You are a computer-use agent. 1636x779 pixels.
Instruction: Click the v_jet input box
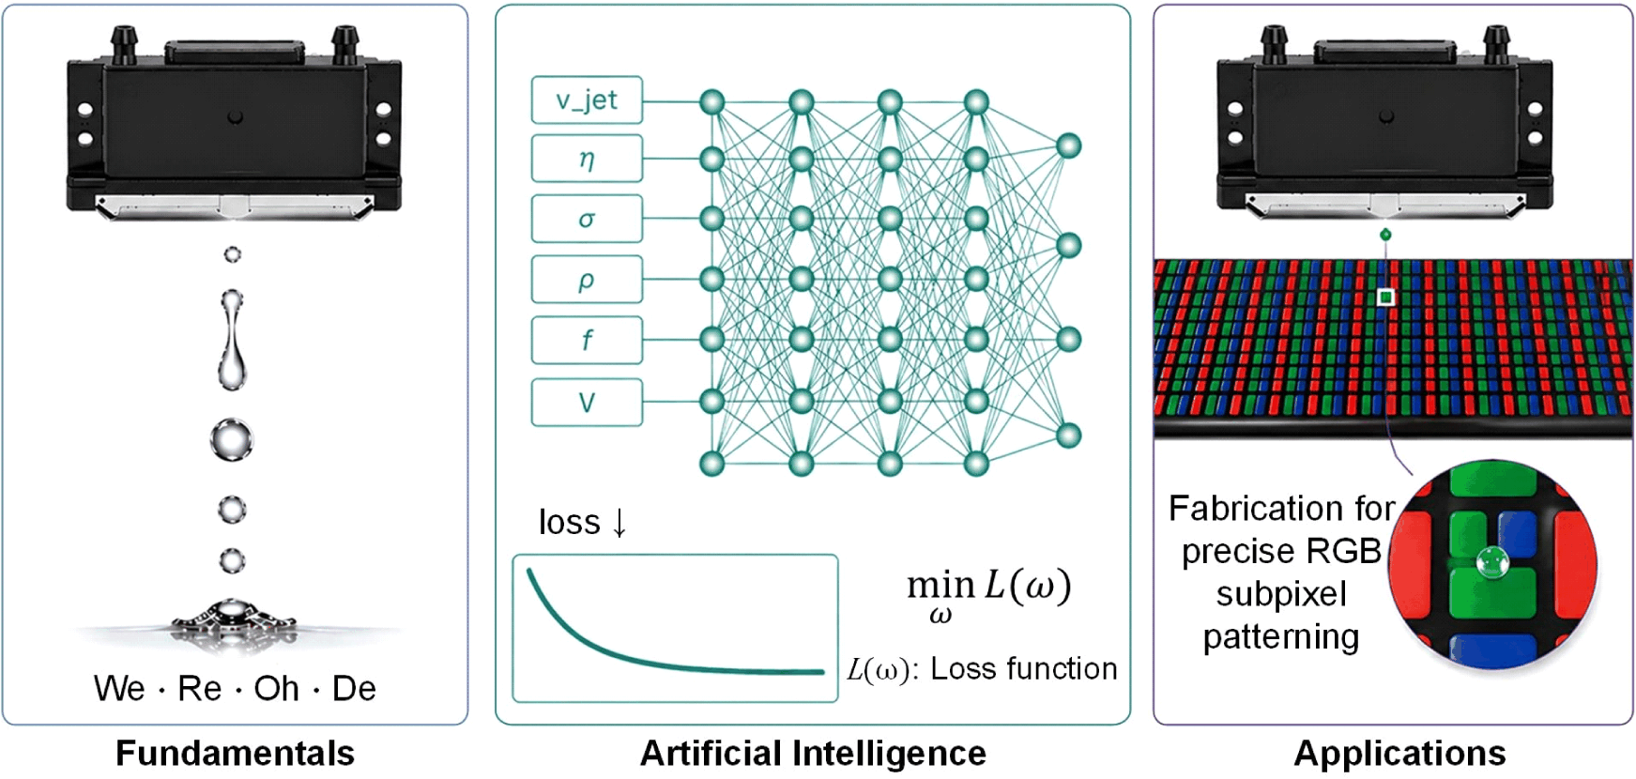coord(587,99)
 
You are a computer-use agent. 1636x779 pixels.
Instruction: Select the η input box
coord(587,159)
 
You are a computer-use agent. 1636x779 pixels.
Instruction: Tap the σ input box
coord(587,219)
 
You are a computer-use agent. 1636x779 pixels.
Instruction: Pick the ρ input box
coord(587,279)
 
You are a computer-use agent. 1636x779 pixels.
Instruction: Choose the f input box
coord(587,340)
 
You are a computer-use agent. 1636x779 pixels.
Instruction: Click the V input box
coord(587,403)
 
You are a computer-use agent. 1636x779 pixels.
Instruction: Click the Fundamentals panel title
coord(235,753)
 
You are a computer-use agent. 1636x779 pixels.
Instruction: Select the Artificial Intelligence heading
coord(813,753)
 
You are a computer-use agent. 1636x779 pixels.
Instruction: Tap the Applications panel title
coord(1399,753)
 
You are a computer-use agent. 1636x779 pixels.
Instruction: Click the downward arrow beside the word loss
coord(619,522)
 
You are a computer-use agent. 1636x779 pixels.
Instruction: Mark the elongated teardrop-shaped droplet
coord(232,340)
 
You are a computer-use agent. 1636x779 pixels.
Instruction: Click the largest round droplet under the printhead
coord(231,440)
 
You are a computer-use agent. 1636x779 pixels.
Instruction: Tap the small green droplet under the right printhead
coord(1385,235)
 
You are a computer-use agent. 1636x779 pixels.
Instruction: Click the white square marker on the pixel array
coord(1385,298)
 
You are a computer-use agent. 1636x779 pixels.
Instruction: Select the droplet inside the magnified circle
coord(1491,562)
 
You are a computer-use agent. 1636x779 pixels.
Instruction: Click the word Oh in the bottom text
coord(276,689)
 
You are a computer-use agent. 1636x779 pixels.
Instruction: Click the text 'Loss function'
coord(1024,668)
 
